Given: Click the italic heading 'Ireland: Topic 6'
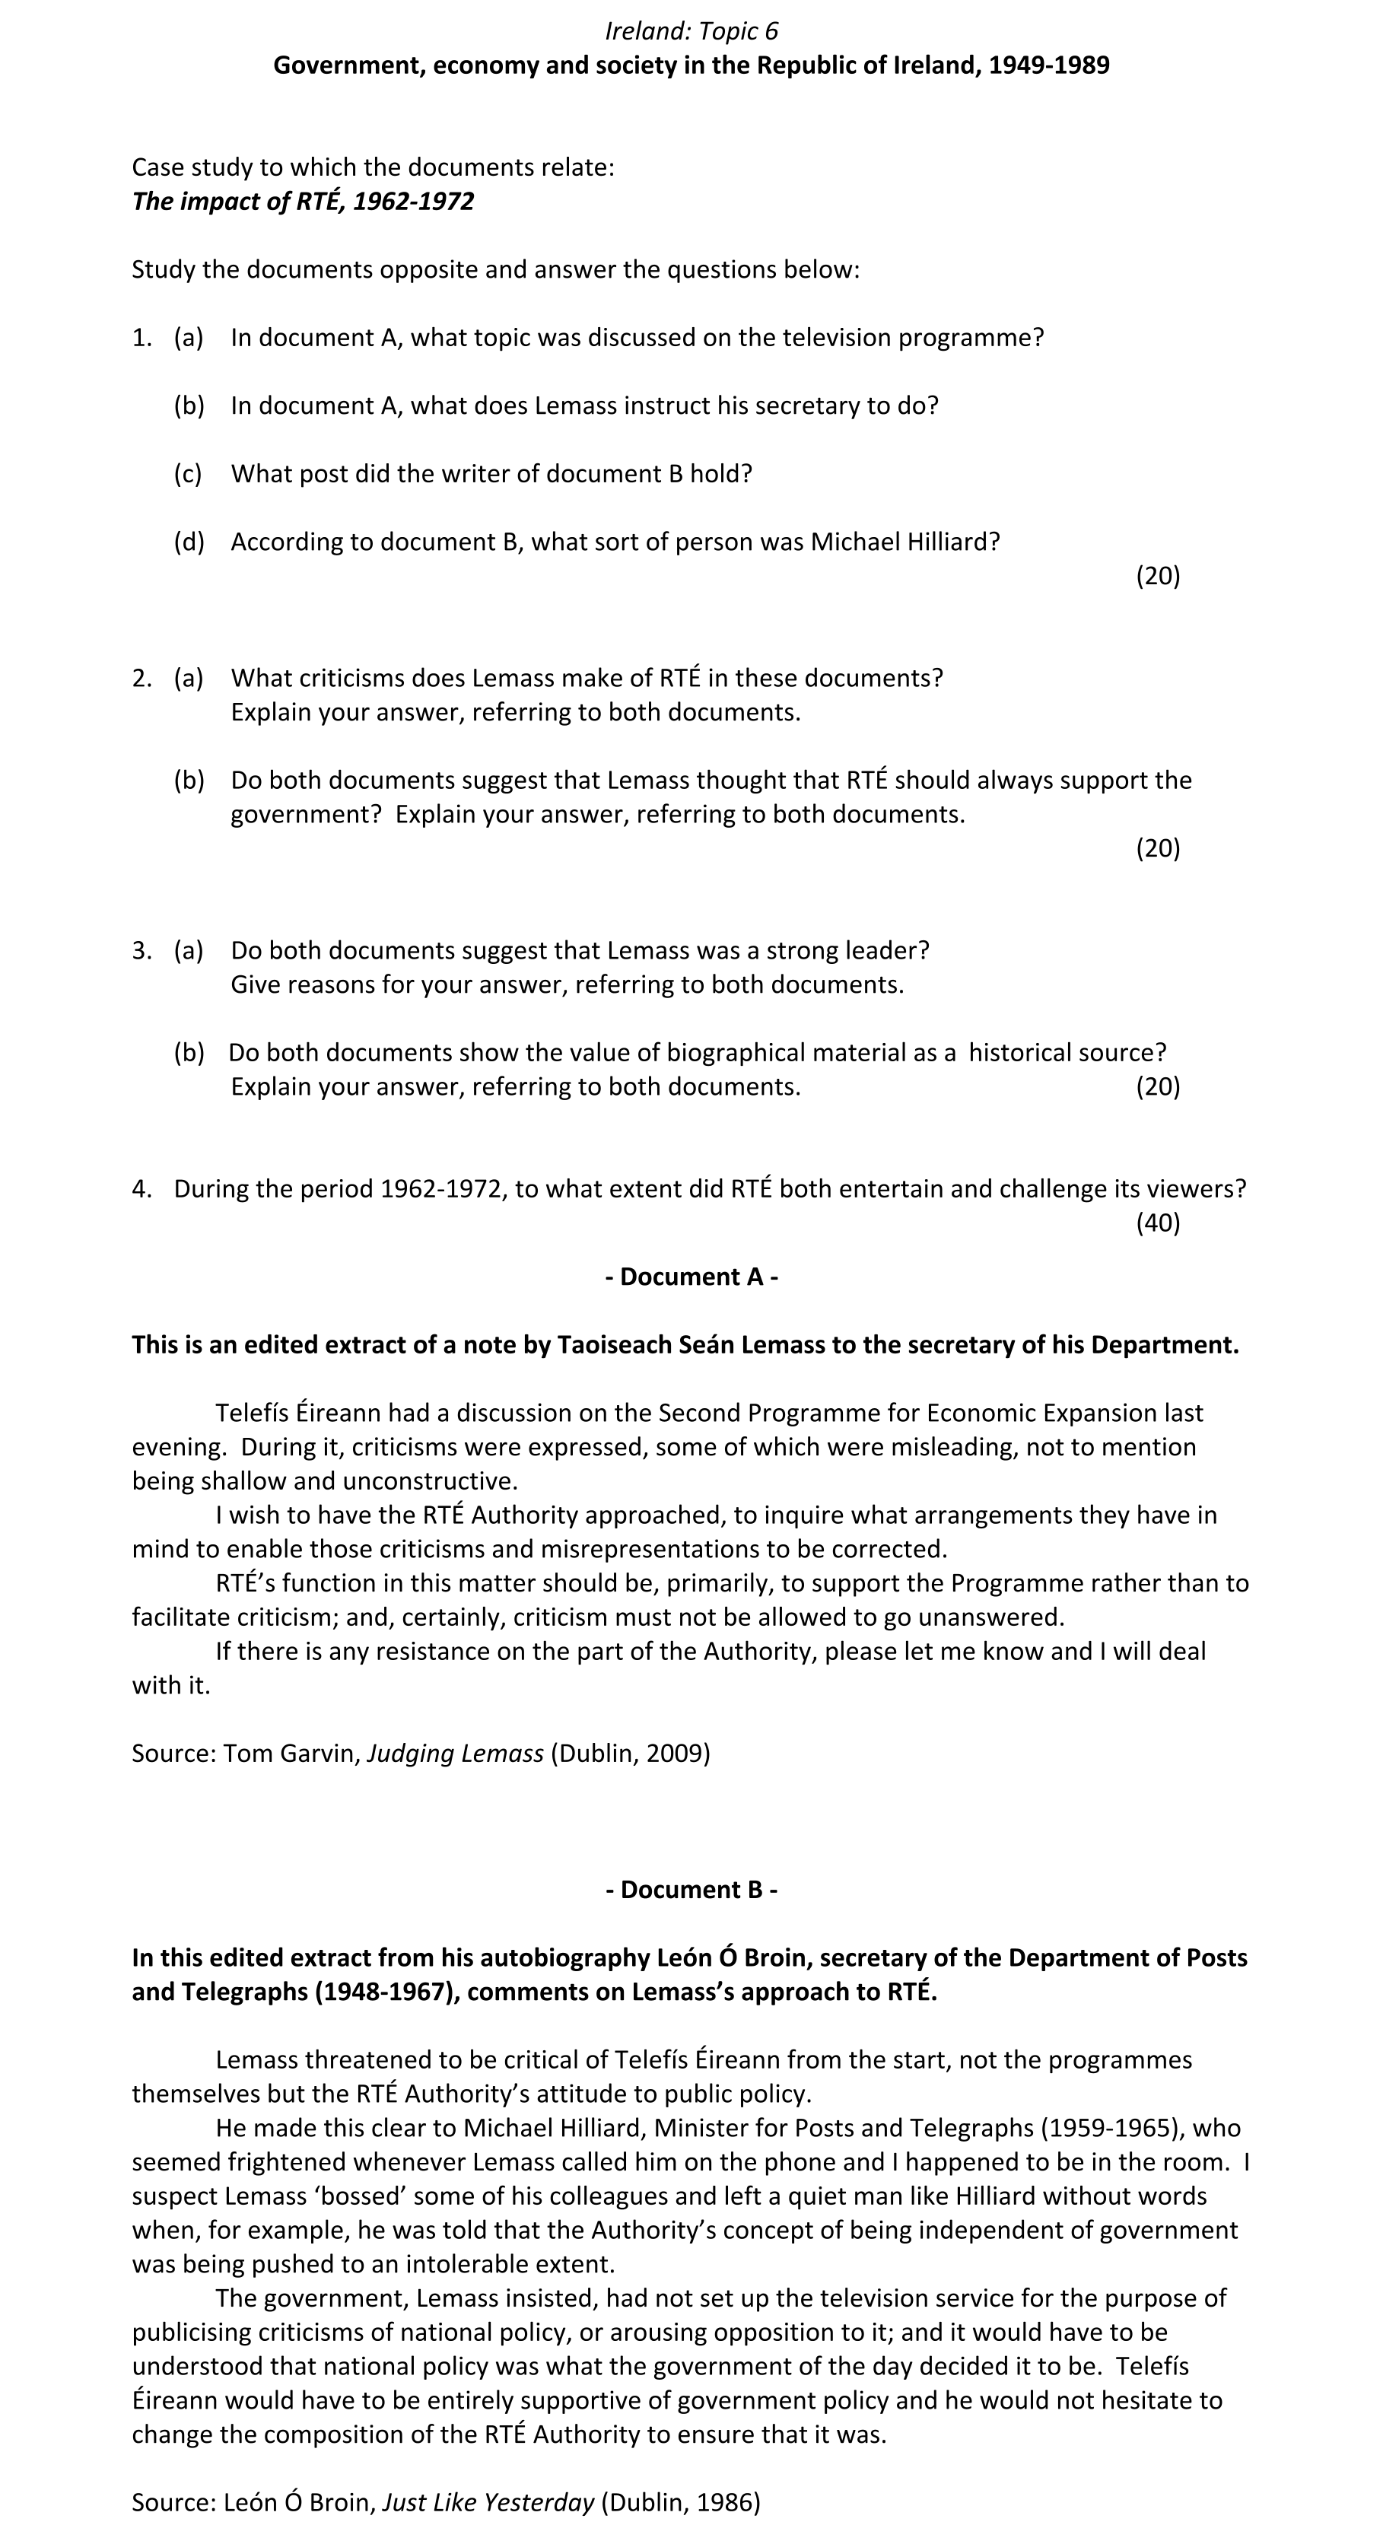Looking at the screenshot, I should [691, 31].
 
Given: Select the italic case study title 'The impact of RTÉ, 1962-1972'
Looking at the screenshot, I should [303, 201].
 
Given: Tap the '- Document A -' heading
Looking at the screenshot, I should [691, 1277].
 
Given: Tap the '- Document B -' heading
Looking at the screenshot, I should [691, 1889].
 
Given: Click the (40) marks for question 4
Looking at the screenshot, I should [1158, 1223].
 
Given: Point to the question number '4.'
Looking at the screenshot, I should [141, 1189].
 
